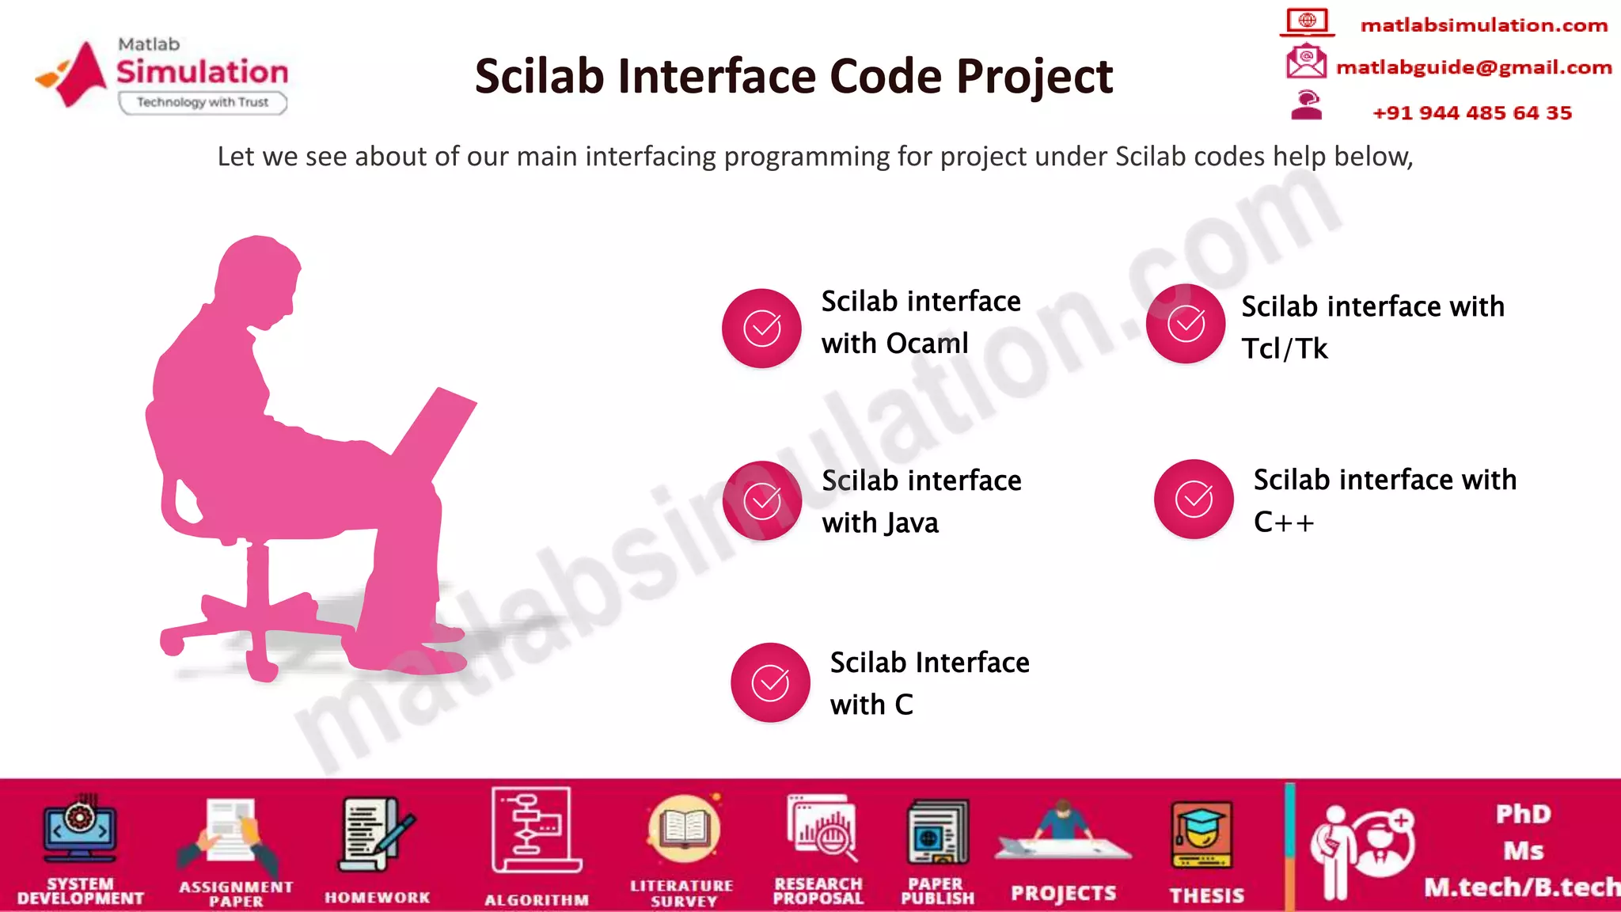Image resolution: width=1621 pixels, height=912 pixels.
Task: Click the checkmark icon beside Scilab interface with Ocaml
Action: coord(761,328)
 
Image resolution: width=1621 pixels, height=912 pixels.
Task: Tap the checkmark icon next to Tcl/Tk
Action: coord(1186,324)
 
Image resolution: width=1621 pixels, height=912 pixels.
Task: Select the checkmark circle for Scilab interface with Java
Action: coord(762,500)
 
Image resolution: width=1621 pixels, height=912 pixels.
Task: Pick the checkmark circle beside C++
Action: coord(1194,499)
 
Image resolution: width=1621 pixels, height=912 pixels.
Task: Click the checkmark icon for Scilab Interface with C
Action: coord(770,682)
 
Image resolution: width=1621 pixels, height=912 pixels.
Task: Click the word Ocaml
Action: coord(927,344)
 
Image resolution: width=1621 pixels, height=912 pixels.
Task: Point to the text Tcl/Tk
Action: coord(1284,348)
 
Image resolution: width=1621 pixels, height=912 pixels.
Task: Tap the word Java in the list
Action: coord(912,523)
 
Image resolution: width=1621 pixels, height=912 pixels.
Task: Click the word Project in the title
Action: coord(1034,77)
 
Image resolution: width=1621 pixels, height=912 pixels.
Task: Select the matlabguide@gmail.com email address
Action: coord(1473,67)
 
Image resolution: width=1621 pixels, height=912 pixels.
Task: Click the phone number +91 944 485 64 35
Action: coord(1471,112)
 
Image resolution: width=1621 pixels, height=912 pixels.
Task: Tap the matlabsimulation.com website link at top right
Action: coord(1483,25)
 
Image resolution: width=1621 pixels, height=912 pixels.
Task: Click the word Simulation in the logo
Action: coord(203,72)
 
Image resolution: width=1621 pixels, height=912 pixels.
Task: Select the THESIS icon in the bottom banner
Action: coord(1201,835)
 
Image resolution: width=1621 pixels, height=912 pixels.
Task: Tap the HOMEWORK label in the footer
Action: coord(378,898)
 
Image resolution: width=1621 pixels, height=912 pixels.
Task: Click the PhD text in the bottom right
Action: coord(1523,814)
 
